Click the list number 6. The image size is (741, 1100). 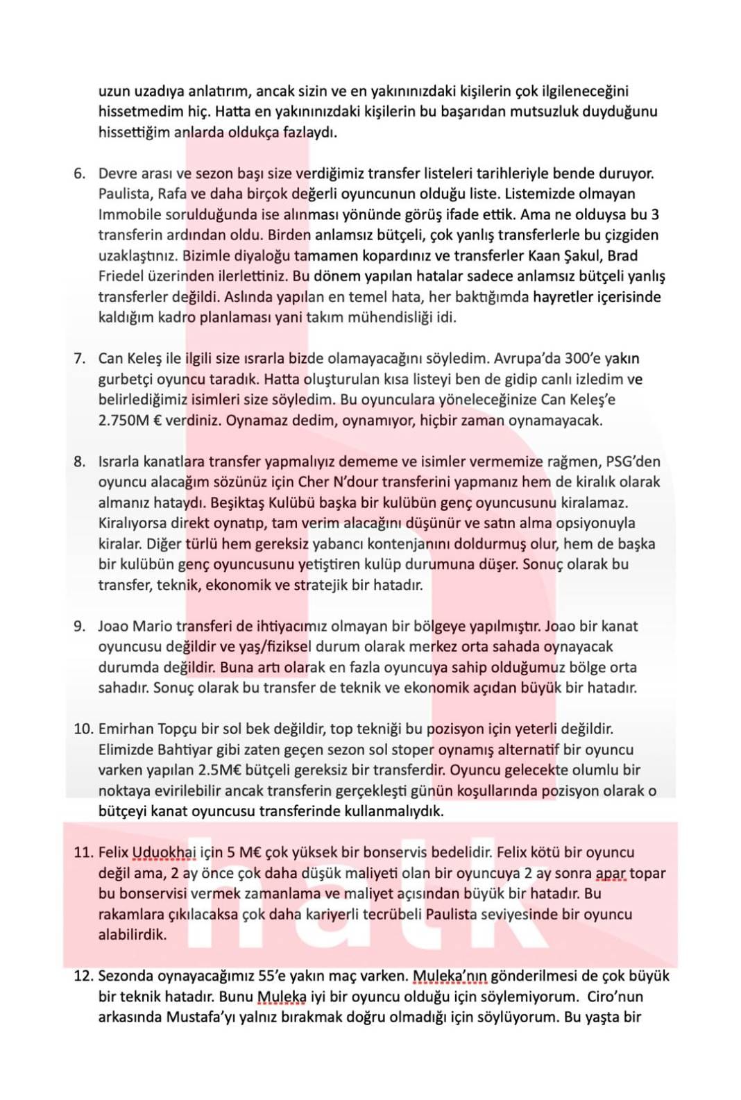click(79, 174)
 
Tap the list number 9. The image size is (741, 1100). click(79, 626)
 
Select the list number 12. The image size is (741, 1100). click(83, 976)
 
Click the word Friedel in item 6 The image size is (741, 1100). click(121, 276)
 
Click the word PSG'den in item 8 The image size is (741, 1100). click(633, 462)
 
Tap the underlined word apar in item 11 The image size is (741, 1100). click(611, 873)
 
